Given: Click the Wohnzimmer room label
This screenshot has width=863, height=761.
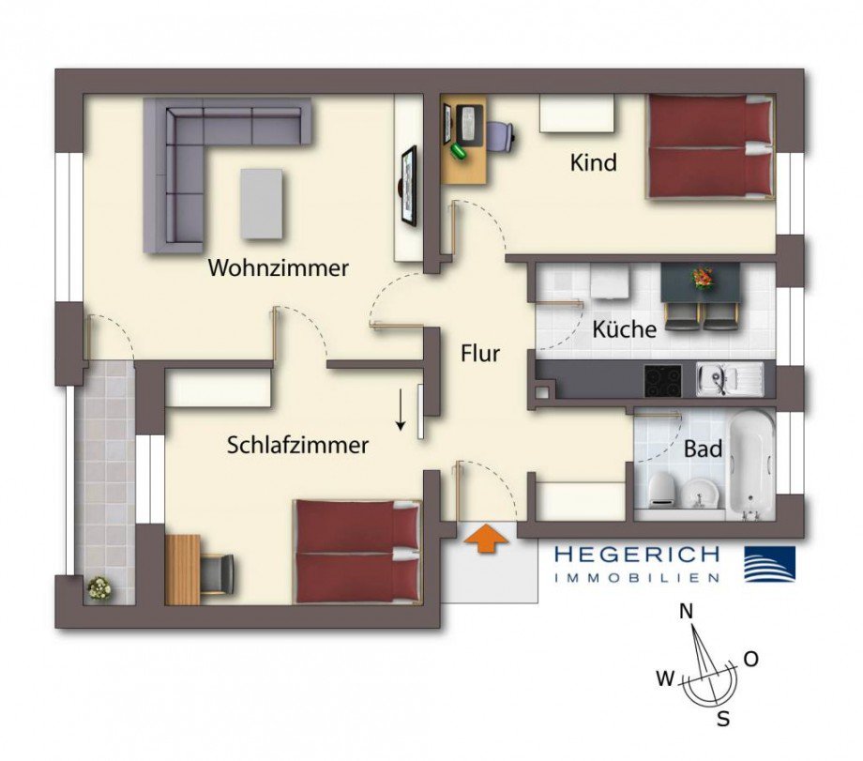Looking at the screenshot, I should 278,268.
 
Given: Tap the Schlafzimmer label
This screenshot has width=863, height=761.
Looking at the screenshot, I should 297,445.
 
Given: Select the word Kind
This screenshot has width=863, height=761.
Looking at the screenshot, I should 594,162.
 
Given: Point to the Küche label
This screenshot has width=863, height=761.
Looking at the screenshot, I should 624,329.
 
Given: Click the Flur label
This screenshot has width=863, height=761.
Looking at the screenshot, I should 480,354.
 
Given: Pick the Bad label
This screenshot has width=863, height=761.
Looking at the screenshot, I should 703,449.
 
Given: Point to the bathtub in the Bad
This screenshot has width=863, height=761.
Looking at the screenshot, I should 751,465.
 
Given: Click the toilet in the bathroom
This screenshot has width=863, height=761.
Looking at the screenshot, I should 660,491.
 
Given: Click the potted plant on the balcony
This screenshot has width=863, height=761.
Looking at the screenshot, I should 99,588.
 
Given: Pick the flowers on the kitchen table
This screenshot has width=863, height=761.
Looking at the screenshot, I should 703,278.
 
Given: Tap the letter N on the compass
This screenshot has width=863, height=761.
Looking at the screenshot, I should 687,611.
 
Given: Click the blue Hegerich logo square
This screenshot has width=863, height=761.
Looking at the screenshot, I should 769,564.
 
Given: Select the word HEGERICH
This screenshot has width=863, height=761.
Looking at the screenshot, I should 636,555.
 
